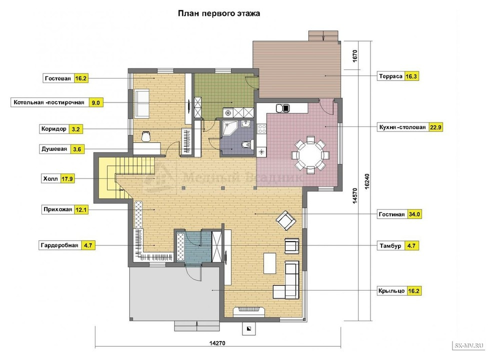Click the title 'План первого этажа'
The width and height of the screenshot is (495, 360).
(x=219, y=13)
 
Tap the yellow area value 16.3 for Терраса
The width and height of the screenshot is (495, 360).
(x=411, y=76)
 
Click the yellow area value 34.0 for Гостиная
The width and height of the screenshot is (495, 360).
(x=414, y=214)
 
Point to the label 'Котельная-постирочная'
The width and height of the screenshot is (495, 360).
(x=49, y=102)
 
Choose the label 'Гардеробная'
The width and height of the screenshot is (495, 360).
(x=59, y=245)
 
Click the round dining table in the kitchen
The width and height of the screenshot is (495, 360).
(x=310, y=155)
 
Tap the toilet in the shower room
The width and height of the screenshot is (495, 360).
(x=246, y=144)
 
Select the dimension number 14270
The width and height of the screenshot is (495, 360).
(x=217, y=343)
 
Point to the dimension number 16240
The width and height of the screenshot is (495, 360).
(x=367, y=181)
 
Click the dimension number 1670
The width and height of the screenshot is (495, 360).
(x=355, y=56)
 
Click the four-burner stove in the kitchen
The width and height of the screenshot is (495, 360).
(x=261, y=128)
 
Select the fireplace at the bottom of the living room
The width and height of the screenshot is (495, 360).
(x=249, y=311)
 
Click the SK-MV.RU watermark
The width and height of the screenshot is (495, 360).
(x=469, y=345)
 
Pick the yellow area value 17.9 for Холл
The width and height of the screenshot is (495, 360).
(x=67, y=178)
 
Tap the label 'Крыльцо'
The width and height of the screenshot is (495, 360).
(x=391, y=291)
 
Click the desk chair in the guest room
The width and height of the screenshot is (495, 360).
(x=145, y=136)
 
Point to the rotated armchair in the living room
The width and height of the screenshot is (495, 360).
(x=285, y=220)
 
